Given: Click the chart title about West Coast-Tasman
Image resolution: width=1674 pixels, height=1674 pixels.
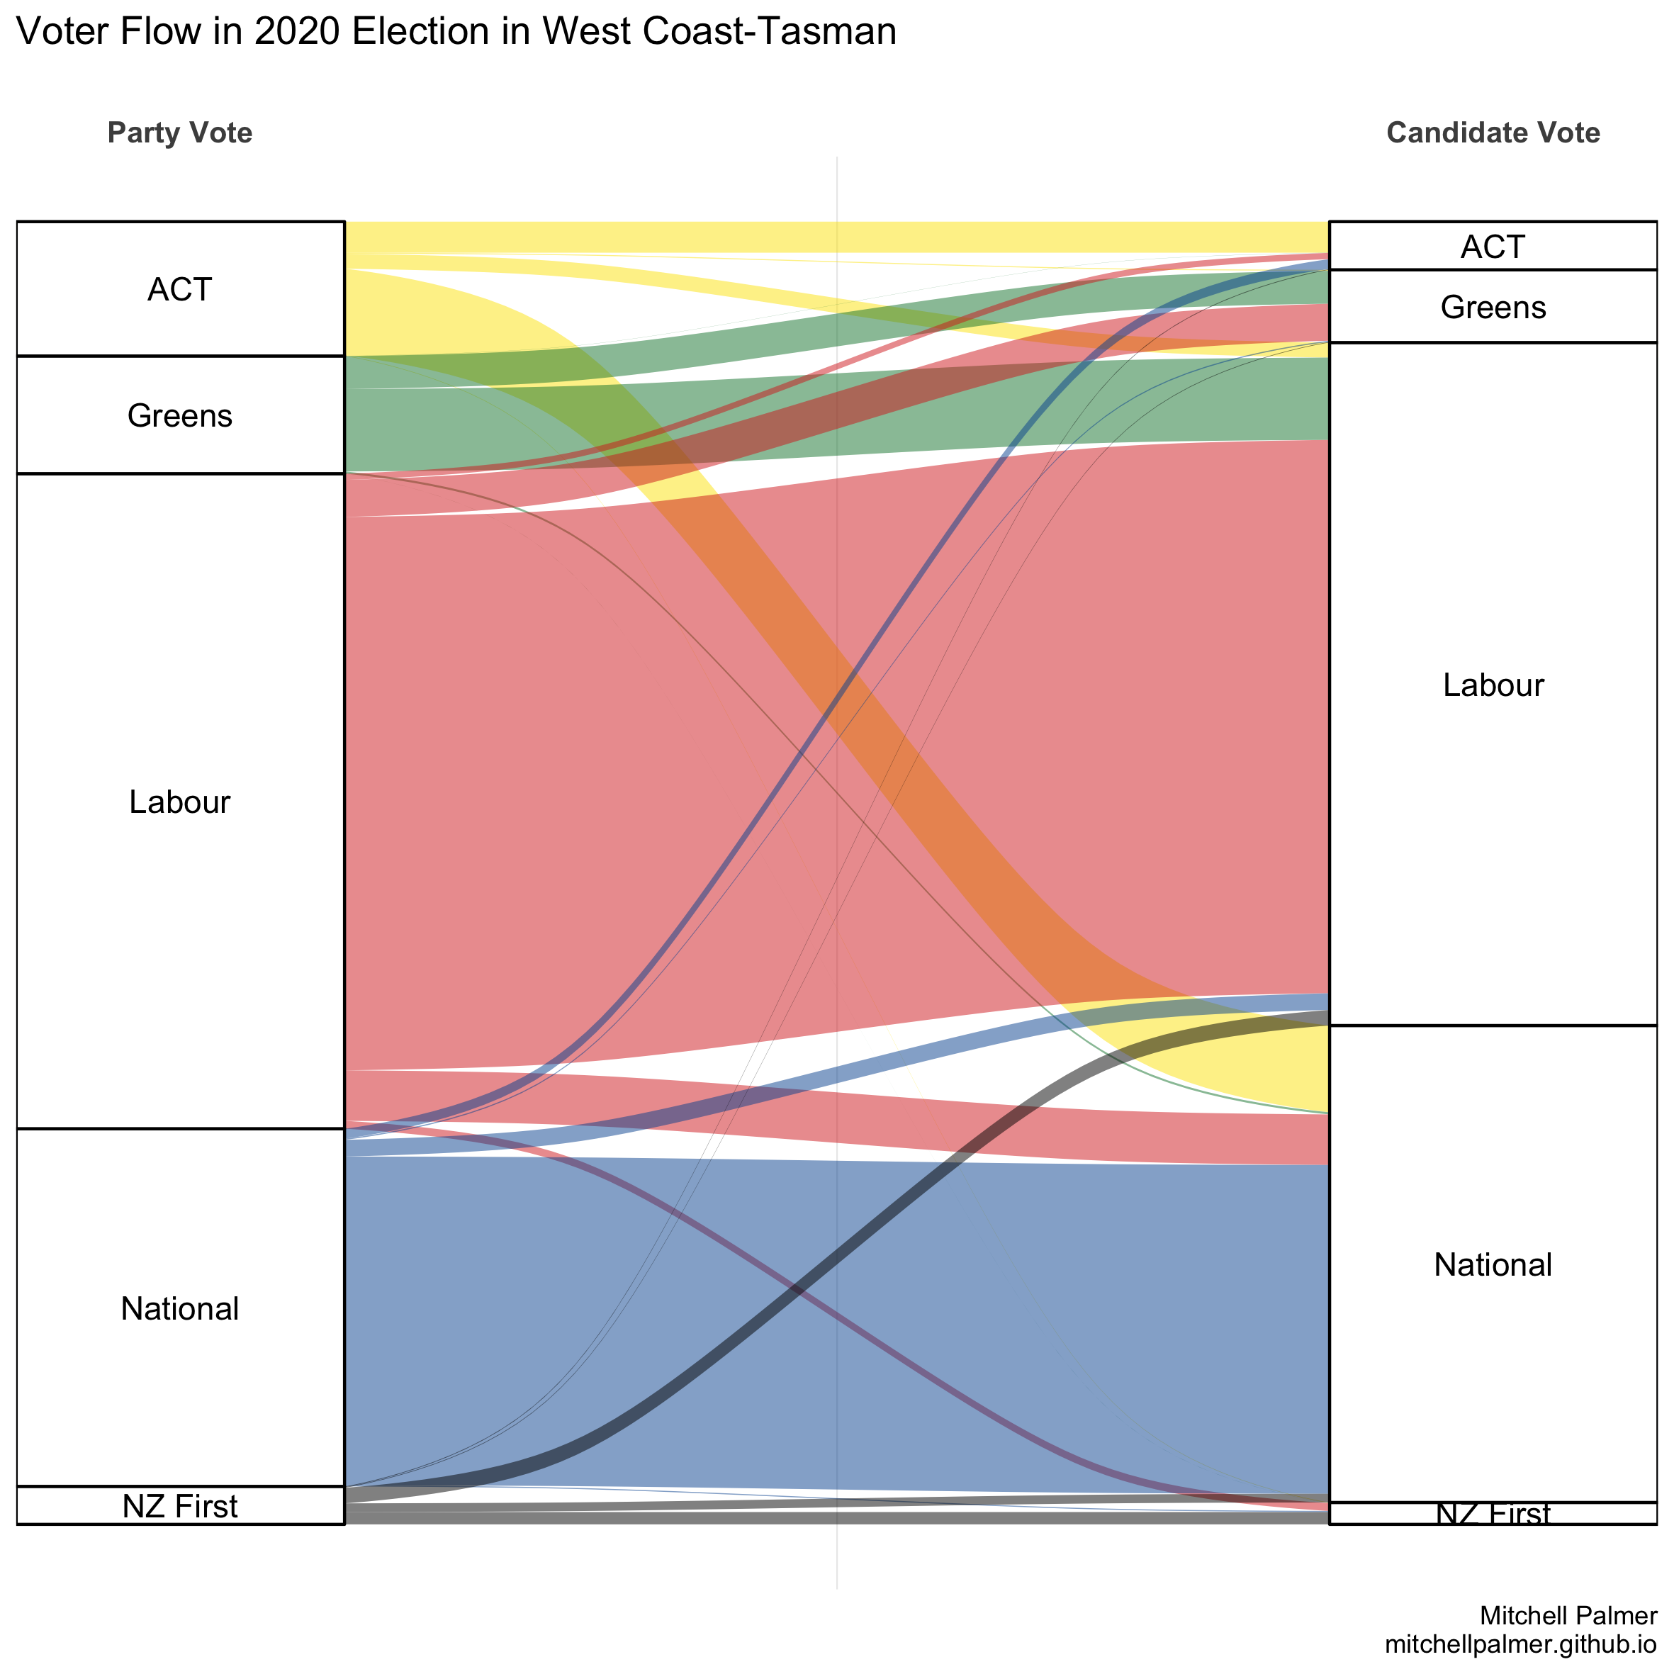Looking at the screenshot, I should [456, 32].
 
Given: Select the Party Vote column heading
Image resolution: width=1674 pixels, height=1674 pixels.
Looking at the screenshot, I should [179, 133].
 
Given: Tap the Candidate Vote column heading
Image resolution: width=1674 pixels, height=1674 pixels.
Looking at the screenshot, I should [1493, 133].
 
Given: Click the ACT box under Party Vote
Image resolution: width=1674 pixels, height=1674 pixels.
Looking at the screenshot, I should [179, 288].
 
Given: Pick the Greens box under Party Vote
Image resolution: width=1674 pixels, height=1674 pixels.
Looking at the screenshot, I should [179, 415].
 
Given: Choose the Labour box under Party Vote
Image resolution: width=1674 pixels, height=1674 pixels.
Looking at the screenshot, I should [179, 802].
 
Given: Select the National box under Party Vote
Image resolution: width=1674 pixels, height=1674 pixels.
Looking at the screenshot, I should [179, 1308].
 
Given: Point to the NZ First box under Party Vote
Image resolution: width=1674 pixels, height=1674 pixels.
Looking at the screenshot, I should [179, 1506].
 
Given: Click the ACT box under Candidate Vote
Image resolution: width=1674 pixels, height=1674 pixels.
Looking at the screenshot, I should [1493, 246].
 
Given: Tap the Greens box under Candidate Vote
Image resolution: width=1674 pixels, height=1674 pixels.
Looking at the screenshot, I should [1493, 307].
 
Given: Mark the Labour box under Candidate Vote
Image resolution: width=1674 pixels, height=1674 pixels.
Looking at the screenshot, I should [1493, 685].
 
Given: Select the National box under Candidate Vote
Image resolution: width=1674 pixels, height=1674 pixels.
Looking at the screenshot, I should [1493, 1264].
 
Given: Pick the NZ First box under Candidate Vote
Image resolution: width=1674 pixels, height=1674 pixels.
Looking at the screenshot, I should [1493, 1514].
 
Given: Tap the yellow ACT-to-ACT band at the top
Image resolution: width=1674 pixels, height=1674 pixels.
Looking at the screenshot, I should [836, 237].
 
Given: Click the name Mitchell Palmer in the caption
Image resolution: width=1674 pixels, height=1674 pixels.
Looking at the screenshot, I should [1568, 1615].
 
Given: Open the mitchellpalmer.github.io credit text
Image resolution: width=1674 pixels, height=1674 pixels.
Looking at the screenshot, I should [1521, 1644].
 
